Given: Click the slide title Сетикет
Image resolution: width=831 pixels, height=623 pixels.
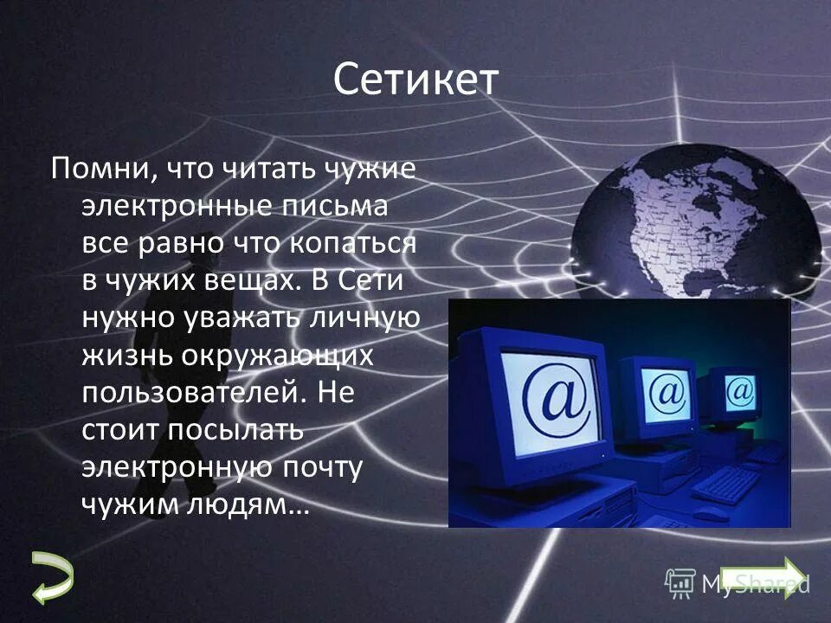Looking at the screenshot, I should pos(415,80).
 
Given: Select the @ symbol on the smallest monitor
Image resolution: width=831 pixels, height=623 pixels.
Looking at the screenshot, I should pos(741,390).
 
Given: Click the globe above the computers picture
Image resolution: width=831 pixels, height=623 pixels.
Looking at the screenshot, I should pos(692,216).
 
